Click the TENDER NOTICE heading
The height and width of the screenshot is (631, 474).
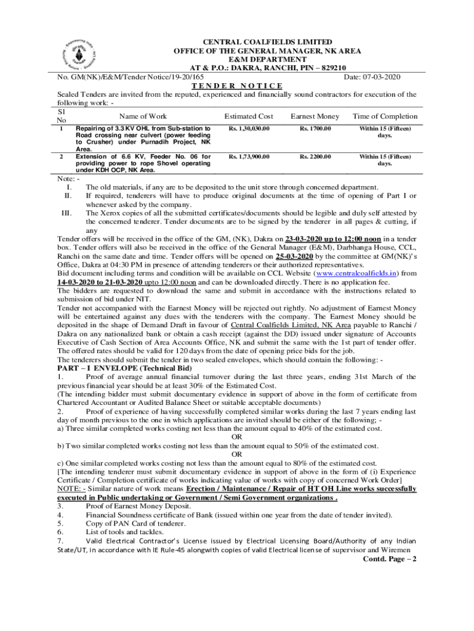coord(238,86)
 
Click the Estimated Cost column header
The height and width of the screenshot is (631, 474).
coord(249,116)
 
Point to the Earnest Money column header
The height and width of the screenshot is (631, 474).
coord(315,116)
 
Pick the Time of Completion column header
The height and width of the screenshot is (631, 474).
coord(385,116)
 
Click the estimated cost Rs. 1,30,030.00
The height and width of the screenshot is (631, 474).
coord(249,129)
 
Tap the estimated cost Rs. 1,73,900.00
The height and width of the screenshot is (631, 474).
coord(249,157)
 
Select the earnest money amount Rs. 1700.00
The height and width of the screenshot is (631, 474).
coord(315,129)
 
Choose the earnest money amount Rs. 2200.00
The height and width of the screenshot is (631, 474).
coord(315,157)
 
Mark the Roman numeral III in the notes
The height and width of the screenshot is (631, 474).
coord(68,213)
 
